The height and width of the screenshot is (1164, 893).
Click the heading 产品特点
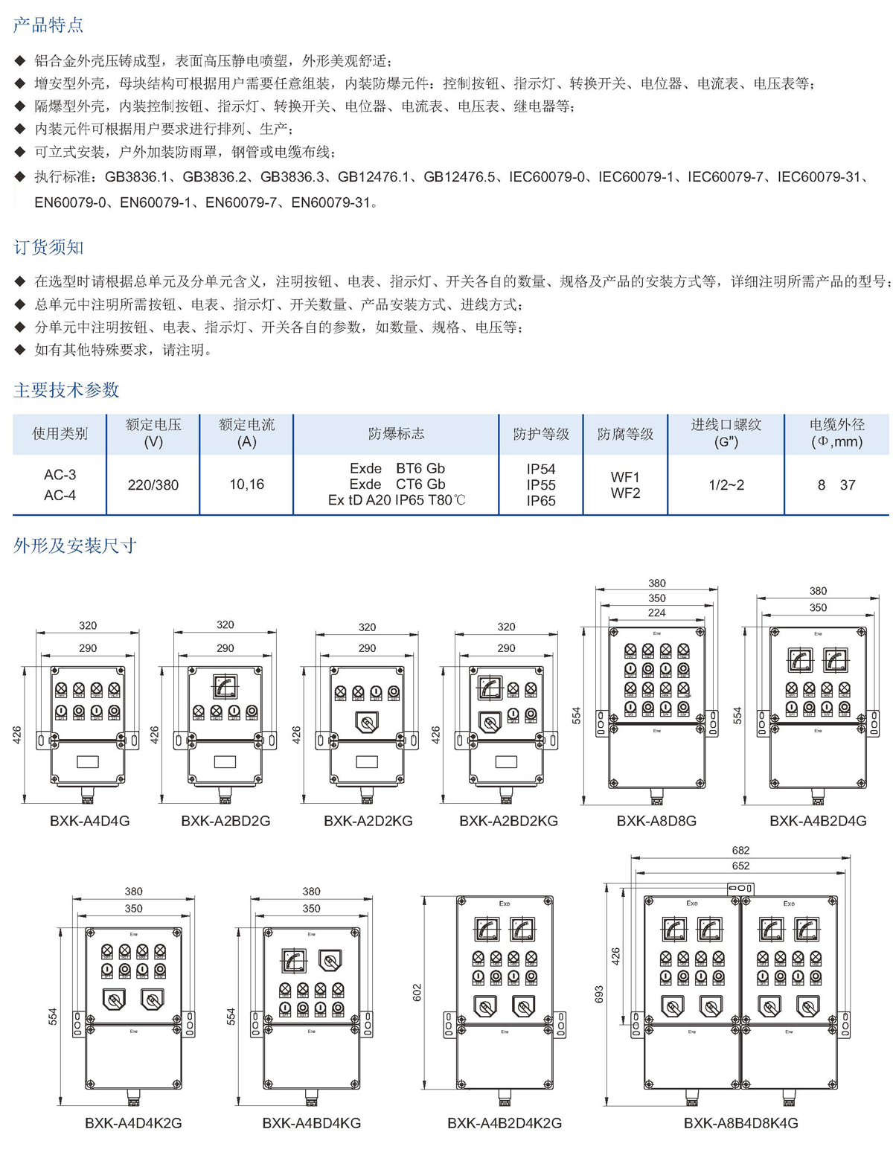(x=48, y=25)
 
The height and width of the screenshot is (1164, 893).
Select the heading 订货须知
(x=48, y=247)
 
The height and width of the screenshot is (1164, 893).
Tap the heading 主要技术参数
(x=66, y=390)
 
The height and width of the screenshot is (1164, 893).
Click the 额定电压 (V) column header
(x=153, y=433)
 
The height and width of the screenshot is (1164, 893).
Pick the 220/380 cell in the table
(x=153, y=485)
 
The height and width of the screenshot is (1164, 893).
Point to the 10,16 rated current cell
(x=246, y=485)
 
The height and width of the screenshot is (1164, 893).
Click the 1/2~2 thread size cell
(x=726, y=485)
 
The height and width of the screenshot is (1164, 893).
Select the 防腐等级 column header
(x=625, y=434)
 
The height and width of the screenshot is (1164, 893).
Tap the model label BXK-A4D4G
(x=89, y=821)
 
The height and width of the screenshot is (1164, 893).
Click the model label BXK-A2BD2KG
(x=508, y=821)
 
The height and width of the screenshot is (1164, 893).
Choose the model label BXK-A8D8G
(x=656, y=821)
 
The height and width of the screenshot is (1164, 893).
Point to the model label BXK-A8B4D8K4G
(x=740, y=1123)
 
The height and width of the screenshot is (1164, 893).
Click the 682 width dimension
(x=740, y=850)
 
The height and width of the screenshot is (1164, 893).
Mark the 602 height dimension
(x=417, y=992)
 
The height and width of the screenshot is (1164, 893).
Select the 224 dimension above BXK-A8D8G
(x=656, y=613)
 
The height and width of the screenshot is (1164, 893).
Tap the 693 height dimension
(x=600, y=994)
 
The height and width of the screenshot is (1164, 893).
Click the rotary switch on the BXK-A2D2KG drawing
(x=367, y=721)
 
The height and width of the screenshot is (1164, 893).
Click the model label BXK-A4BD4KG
(x=311, y=1123)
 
